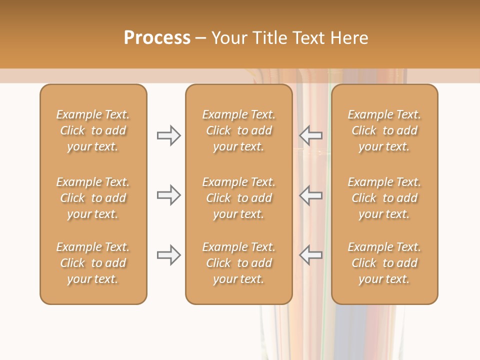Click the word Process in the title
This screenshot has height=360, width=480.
pos(157,38)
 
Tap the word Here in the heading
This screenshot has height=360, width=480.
pos(349,38)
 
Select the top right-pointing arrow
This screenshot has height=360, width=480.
pos(168,135)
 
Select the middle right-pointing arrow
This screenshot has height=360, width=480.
pos(168,195)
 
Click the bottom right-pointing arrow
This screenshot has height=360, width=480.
pos(168,255)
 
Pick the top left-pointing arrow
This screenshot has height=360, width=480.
pos(311,135)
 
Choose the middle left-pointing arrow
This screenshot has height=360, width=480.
pos(311,195)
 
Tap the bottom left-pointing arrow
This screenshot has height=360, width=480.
pos(311,255)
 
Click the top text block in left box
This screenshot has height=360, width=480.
pos(93,130)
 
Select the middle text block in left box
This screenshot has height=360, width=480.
pos(93,198)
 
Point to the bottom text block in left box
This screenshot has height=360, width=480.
pos(93,263)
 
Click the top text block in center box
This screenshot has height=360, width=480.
pos(238,130)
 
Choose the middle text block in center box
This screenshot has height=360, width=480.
pos(238,198)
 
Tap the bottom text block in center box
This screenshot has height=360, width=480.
pos(238,263)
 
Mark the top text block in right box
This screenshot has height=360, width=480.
pos(384,130)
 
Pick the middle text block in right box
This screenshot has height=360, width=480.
pos(384,198)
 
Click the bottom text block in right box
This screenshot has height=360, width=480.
pos(384,263)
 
